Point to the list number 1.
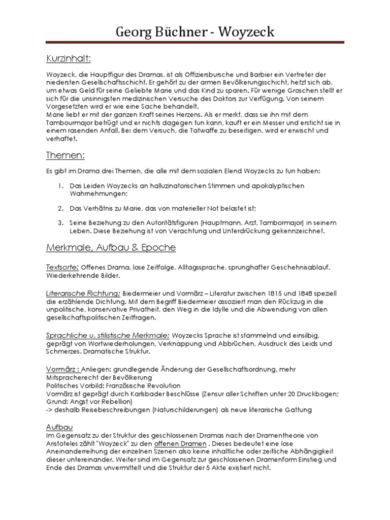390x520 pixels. (60, 186)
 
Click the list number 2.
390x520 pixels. (60, 208)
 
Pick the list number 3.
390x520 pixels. (60, 223)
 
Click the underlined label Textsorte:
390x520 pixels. (61, 267)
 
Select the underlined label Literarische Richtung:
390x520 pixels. (83, 294)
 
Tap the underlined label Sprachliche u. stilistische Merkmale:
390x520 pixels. (108, 335)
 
